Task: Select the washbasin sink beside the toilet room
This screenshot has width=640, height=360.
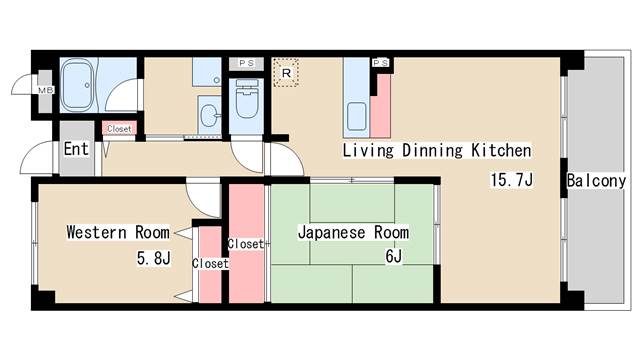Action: coord(209,114)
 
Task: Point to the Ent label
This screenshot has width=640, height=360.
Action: coord(76,149)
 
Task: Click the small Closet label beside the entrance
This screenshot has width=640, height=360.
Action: coord(119,129)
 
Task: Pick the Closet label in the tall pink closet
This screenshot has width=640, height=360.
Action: coord(245,244)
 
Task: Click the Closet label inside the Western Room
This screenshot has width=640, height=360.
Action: coord(210,264)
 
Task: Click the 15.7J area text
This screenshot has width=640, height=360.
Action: coord(510,181)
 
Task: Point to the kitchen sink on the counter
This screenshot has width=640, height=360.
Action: coord(356,118)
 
